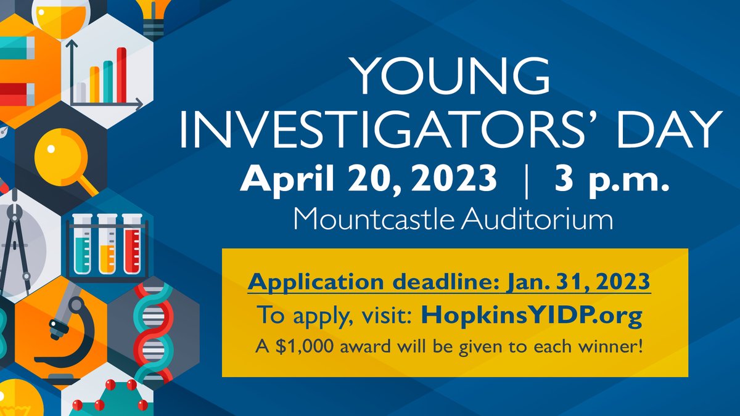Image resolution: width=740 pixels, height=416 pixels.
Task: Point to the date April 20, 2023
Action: (368, 179)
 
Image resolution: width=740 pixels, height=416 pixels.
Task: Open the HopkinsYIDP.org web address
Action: (532, 316)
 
